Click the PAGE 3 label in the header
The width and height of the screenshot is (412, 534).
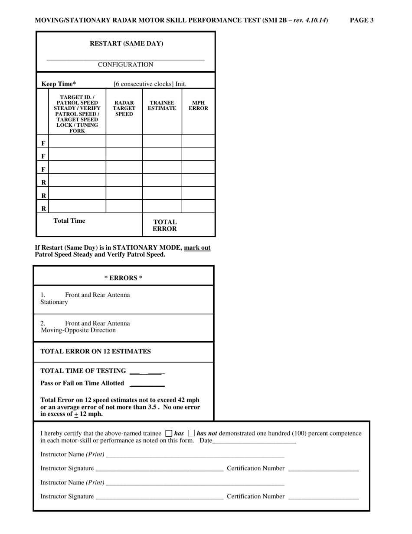(362, 20)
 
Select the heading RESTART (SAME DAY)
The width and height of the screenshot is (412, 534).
(126, 43)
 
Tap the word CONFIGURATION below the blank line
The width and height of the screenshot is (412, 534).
(125, 65)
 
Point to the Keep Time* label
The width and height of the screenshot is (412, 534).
(59, 84)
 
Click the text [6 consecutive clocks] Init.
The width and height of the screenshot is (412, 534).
(150, 84)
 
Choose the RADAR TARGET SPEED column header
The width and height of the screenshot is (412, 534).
(124, 109)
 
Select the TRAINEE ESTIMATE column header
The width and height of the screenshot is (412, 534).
(162, 105)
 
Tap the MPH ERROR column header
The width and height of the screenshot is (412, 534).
(198, 105)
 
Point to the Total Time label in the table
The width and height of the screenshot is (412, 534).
(69, 221)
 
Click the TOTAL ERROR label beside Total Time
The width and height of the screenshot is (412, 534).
(164, 225)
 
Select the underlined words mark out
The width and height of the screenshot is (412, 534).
(197, 248)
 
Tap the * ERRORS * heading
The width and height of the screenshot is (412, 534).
(124, 278)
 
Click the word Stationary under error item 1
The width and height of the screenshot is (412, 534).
(54, 302)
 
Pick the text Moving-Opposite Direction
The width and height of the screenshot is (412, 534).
(78, 330)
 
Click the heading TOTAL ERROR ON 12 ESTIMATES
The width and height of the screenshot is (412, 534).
(95, 352)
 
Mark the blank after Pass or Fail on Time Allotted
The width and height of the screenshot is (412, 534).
(147, 384)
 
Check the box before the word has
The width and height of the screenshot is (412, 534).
(169, 433)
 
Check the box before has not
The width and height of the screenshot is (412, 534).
(192, 433)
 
